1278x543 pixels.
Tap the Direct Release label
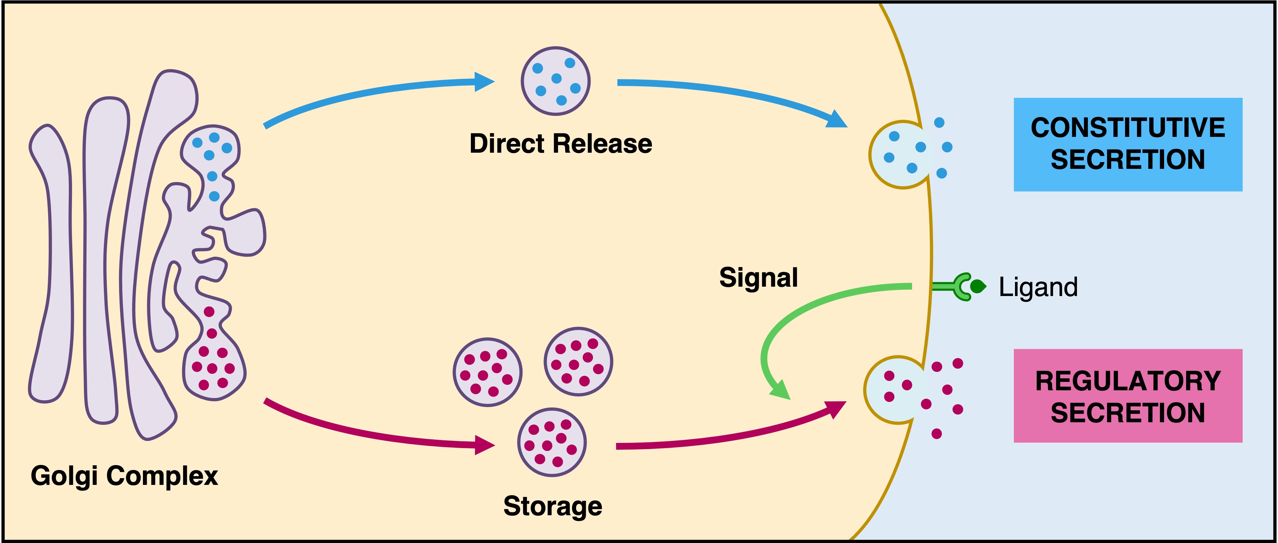(x=561, y=144)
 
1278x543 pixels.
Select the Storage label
(x=553, y=506)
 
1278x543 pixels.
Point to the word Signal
(x=758, y=277)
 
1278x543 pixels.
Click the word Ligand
(x=1038, y=287)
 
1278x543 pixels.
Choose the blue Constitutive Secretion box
(x=1128, y=144)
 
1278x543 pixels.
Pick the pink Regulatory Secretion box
(x=1128, y=395)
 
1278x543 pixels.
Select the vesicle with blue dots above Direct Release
(x=556, y=81)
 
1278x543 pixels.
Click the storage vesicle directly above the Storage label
(x=552, y=442)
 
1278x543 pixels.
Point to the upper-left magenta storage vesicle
(x=487, y=372)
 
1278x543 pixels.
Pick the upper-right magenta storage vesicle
(x=578, y=361)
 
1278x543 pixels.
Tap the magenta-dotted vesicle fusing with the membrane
(x=896, y=390)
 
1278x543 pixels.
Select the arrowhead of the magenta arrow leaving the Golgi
(x=484, y=445)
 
